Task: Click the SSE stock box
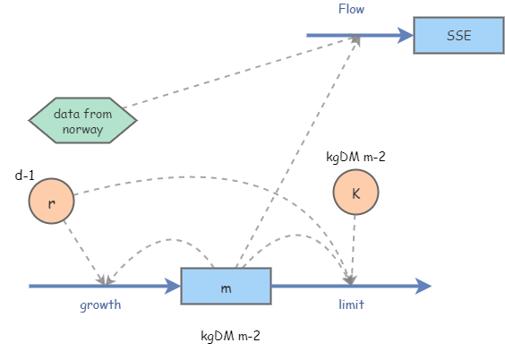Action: [458, 36]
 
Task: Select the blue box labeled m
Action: [226, 287]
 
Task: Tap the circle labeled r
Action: [51, 201]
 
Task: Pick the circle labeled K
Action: [355, 193]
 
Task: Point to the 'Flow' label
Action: [351, 9]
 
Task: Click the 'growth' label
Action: [100, 305]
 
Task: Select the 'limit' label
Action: [351, 305]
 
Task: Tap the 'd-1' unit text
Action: [25, 176]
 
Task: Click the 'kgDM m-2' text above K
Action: [355, 156]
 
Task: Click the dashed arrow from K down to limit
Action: [354, 246]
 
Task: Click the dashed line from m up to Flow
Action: [295, 152]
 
